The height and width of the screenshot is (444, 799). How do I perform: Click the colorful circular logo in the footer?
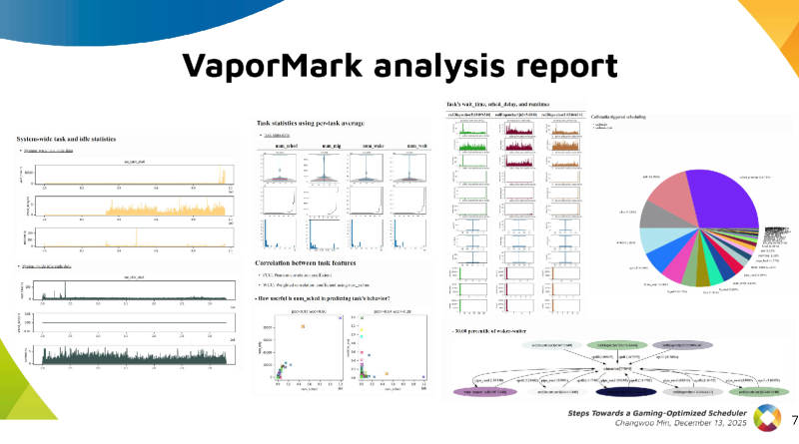click(766, 420)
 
